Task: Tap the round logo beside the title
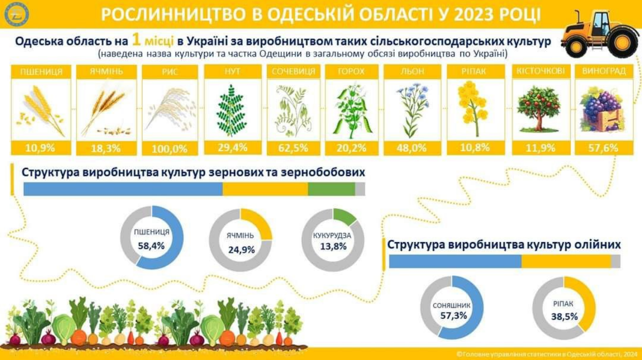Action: coord(17,14)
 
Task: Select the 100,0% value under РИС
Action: coord(170,148)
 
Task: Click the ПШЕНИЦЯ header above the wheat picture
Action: coord(41,72)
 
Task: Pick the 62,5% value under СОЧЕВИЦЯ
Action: coord(293,148)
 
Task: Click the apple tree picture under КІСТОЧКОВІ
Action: coord(538,109)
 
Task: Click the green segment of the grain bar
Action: coord(331,189)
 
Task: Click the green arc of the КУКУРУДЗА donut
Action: coord(345,216)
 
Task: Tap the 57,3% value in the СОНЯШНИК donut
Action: coord(452,315)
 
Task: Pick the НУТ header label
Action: coord(232,72)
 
